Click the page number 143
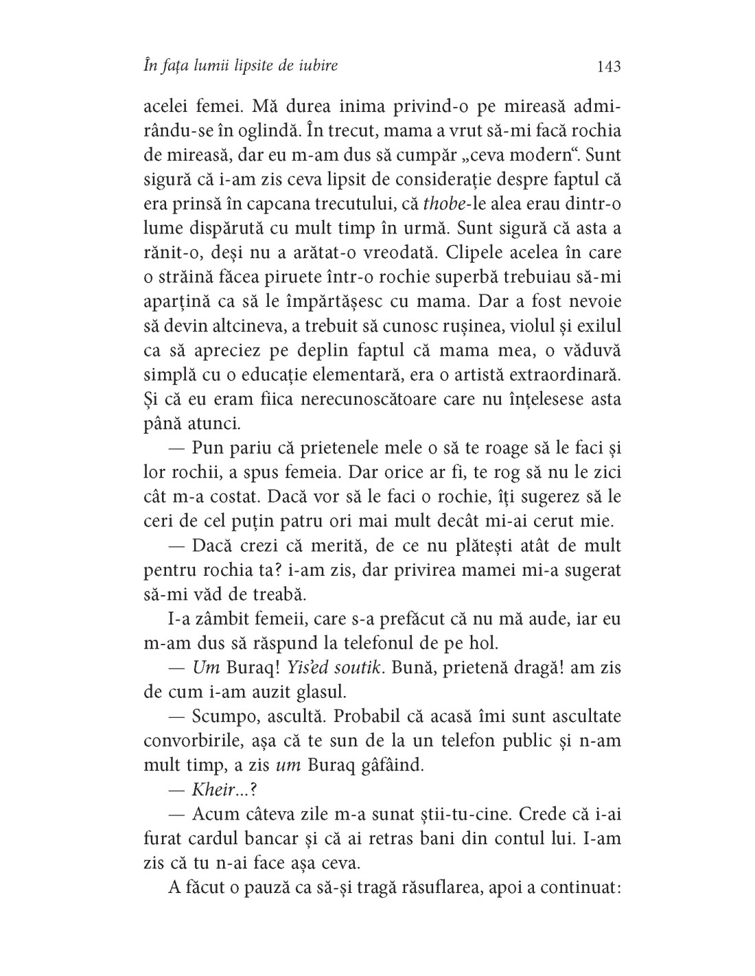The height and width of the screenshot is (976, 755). click(x=609, y=66)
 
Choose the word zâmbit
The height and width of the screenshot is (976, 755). click(x=226, y=619)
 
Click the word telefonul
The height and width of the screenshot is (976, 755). click(x=369, y=644)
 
